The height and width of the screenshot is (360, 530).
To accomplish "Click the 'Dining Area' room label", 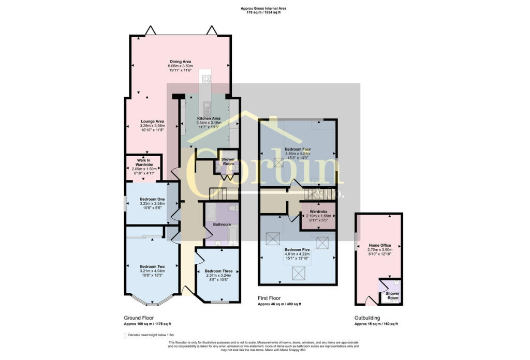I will click(x=180, y=62).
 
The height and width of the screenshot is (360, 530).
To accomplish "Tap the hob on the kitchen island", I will click(x=207, y=79).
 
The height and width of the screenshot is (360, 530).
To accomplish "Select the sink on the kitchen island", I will click(x=207, y=107).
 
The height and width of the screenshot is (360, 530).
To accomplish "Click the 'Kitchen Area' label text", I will click(x=209, y=118).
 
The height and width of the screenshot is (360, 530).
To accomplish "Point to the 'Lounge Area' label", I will click(x=152, y=122).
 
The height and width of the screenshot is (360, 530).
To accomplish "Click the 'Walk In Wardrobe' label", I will click(x=143, y=162).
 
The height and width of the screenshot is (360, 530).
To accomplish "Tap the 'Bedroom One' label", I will click(x=152, y=199).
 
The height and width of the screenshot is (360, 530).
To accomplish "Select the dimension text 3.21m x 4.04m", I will click(x=152, y=271).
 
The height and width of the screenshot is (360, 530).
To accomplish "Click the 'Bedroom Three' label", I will click(x=218, y=271).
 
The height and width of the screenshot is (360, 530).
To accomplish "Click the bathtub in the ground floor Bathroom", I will click(x=232, y=235).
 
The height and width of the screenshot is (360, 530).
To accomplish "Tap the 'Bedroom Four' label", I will click(x=298, y=149).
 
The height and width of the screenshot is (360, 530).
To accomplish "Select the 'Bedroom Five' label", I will click(x=297, y=250).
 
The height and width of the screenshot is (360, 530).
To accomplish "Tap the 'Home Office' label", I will click(x=379, y=245).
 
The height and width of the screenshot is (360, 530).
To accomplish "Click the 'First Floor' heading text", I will click(x=272, y=298).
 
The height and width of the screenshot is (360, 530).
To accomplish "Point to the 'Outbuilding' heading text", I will click(x=367, y=318).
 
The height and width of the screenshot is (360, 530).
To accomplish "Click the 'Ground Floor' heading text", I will click(x=138, y=318).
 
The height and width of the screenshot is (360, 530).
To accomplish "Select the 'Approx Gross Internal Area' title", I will click(x=263, y=8).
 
